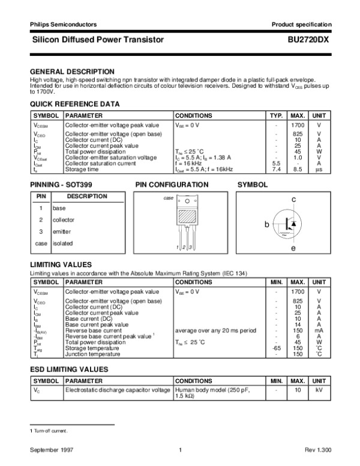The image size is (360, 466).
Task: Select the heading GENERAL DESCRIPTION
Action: point(72,71)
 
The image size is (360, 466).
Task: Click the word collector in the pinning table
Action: point(64,220)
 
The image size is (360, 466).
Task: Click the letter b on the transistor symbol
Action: point(268,224)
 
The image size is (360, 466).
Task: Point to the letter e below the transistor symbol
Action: point(293,247)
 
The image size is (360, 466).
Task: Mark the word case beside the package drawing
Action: point(168,198)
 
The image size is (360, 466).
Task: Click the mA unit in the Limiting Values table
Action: point(319,330)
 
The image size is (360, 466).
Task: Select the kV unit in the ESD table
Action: point(319,390)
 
